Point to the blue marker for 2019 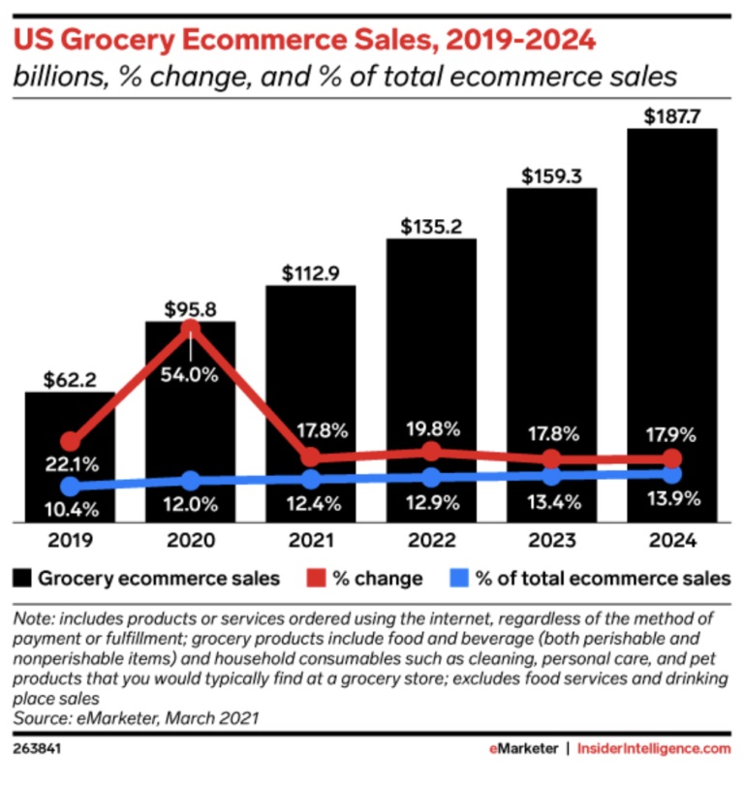(70, 486)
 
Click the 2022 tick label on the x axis (431, 540)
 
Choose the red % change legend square (316, 579)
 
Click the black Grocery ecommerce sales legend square (21, 579)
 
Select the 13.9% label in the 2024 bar (671, 502)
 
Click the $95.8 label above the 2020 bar (190, 308)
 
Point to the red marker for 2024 (671, 458)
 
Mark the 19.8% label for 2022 (431, 429)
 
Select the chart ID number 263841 (35, 749)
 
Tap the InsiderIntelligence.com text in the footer (654, 749)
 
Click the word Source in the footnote (40, 718)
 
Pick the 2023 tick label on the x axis (551, 540)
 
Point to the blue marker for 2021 (310, 479)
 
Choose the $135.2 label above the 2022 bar (431, 226)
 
